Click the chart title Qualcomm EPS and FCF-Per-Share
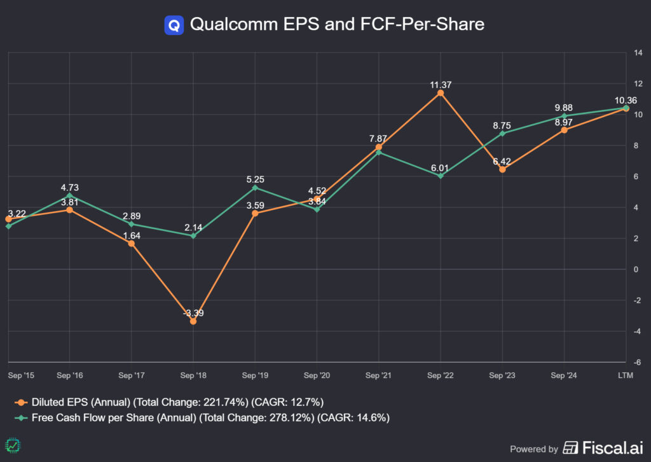(x=337, y=24)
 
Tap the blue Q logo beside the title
(x=174, y=25)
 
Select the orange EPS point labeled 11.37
(x=441, y=93)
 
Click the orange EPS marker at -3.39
(x=193, y=321)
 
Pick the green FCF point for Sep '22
(x=441, y=176)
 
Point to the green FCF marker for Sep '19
(x=255, y=188)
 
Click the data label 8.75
(x=502, y=126)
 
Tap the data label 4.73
(x=70, y=188)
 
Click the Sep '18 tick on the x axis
(x=193, y=375)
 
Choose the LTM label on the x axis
(x=625, y=375)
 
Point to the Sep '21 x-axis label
(x=378, y=375)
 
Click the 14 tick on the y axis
(x=638, y=53)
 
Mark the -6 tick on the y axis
(x=636, y=361)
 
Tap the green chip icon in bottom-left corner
(x=11, y=445)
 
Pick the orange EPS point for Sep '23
(x=502, y=169)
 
